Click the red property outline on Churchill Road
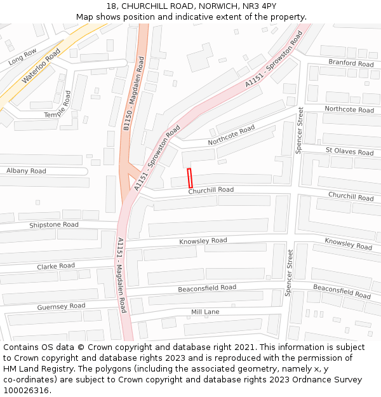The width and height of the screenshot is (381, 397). click(x=189, y=178)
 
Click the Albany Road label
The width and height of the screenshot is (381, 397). click(x=26, y=171)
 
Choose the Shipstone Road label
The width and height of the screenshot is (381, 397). click(x=54, y=225)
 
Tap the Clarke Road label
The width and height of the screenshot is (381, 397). click(x=55, y=266)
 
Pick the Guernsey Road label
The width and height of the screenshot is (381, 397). click(x=61, y=306)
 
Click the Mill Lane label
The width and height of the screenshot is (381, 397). click(x=205, y=312)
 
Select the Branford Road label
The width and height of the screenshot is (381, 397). click(x=351, y=63)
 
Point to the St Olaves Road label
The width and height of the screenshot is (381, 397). click(x=349, y=151)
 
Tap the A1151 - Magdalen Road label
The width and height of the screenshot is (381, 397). click(x=121, y=276)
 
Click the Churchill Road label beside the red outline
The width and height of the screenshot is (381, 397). click(x=211, y=190)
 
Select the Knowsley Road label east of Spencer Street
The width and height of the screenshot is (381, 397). click(x=348, y=243)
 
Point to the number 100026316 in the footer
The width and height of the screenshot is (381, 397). click(x=26, y=390)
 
